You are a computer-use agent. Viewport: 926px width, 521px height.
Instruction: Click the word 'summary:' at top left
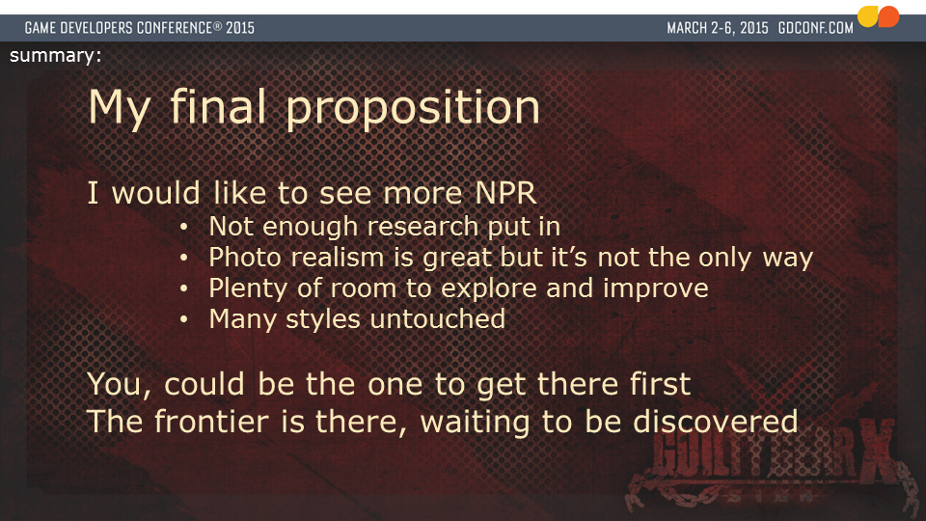click(x=56, y=56)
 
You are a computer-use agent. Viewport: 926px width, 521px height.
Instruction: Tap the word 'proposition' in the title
click(x=413, y=109)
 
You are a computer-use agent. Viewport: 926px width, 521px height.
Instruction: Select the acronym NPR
click(x=506, y=193)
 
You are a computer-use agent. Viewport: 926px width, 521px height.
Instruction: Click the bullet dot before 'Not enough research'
click(x=184, y=227)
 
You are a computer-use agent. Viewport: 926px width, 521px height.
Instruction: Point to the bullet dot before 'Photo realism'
click(x=184, y=258)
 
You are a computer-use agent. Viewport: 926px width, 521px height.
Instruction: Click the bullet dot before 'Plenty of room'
click(x=184, y=288)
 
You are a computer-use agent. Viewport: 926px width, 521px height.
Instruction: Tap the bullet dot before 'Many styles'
click(x=184, y=319)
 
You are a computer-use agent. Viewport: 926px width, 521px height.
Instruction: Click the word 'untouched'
click(x=438, y=319)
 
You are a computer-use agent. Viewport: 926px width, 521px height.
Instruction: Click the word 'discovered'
click(x=715, y=422)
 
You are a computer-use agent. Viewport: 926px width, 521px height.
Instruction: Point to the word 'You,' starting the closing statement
click(x=120, y=385)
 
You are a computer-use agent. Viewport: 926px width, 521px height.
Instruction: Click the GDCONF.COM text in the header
click(x=816, y=28)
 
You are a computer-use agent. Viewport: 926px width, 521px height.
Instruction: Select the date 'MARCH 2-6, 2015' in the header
click(x=718, y=28)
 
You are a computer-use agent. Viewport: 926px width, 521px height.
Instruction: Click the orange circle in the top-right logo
click(x=888, y=16)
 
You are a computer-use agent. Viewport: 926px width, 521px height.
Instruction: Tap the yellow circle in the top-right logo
click(x=867, y=16)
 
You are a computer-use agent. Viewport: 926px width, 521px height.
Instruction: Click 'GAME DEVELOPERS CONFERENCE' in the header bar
click(x=118, y=28)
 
